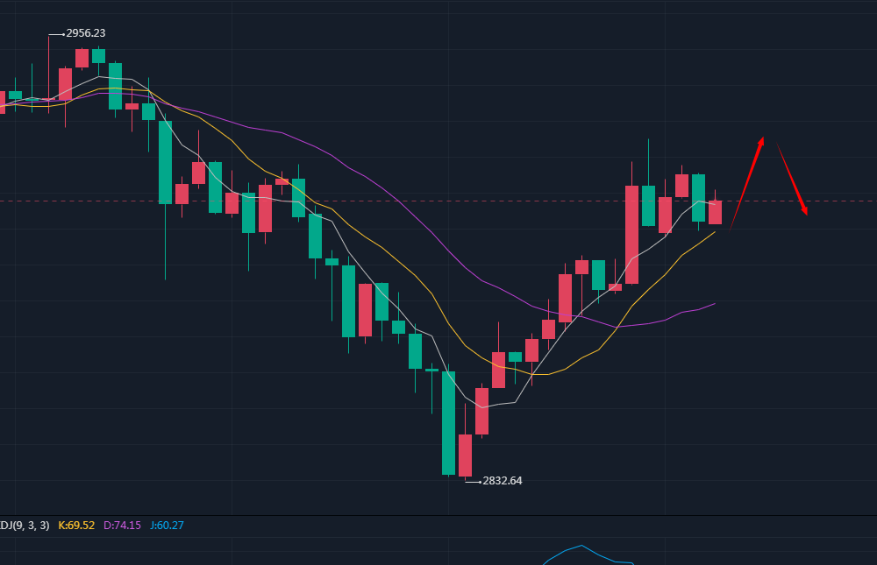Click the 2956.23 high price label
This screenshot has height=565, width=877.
[86, 33]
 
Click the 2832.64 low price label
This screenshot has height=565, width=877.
[503, 481]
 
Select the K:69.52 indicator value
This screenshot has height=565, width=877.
[76, 526]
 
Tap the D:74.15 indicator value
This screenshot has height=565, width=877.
[122, 526]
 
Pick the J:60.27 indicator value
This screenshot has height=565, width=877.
[167, 526]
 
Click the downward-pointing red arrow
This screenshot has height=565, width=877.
[791, 180]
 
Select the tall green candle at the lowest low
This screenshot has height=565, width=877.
[448, 422]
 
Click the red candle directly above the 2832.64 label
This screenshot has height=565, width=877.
[465, 455]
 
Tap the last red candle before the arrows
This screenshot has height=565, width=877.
[715, 212]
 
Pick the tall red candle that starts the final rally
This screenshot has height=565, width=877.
[631, 234]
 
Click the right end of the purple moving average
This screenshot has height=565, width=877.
[714, 304]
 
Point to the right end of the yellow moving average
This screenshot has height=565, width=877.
[715, 231]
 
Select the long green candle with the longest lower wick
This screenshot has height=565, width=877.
[165, 162]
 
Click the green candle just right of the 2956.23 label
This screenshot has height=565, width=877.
[98, 55]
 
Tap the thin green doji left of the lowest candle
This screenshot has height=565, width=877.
[431, 370]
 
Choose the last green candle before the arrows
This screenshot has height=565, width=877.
[698, 197]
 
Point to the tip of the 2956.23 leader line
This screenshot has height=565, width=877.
[49, 35]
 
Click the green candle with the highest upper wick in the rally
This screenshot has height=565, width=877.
[648, 205]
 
